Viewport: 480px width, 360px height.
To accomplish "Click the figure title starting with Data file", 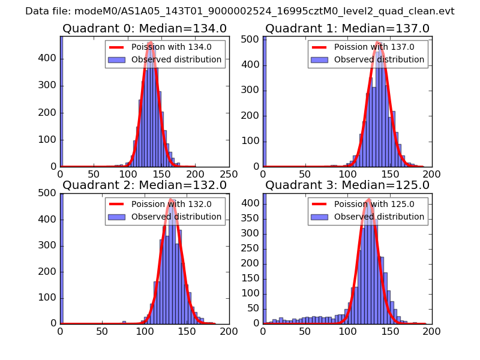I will point(240,11).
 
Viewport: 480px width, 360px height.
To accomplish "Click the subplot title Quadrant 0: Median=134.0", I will point(145,29).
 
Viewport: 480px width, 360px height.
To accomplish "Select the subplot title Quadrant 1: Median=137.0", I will point(347,29).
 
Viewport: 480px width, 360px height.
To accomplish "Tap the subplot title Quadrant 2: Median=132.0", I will point(145,185).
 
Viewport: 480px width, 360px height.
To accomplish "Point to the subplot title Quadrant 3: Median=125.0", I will point(347,185).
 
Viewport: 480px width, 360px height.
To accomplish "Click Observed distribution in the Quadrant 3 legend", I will point(379,217).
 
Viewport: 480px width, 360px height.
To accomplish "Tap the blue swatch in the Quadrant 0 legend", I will point(118,60).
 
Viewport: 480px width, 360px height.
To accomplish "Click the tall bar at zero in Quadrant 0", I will point(61,102).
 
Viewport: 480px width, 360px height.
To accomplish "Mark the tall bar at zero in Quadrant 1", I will point(264,102).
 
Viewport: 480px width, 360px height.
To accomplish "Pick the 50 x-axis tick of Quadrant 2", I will point(103,331).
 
